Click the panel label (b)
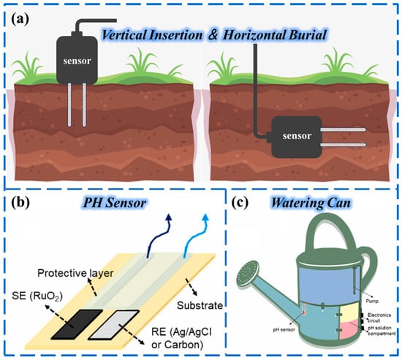(x=17, y=203)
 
